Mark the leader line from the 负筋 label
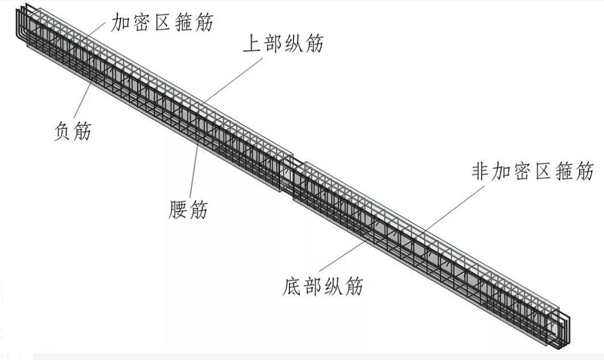[82, 105]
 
